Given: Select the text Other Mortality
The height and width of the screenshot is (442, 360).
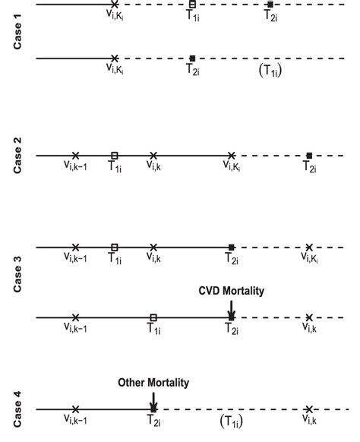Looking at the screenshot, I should pyautogui.click(x=153, y=382).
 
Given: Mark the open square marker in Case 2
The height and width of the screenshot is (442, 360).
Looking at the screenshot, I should pyautogui.click(x=114, y=156).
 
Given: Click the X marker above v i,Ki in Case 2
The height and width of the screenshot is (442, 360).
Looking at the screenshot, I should pyautogui.click(x=231, y=156).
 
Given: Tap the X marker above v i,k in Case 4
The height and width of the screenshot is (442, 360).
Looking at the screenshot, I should pyautogui.click(x=308, y=409).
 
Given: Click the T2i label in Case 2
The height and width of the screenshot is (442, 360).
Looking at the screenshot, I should pyautogui.click(x=309, y=168).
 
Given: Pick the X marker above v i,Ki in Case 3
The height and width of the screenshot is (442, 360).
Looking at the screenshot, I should pyautogui.click(x=308, y=247).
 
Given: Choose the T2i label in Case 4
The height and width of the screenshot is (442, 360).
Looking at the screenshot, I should pyautogui.click(x=153, y=421).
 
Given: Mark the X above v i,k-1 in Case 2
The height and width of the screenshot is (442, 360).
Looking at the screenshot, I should pyautogui.click(x=75, y=156).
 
